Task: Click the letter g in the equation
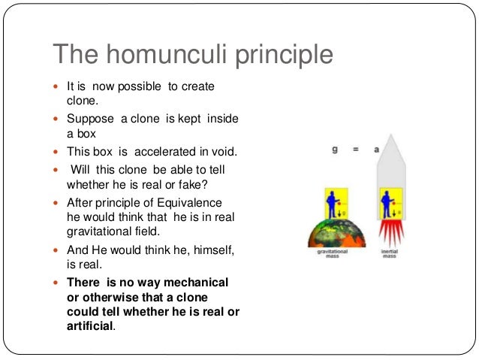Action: pyautogui.click(x=335, y=150)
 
